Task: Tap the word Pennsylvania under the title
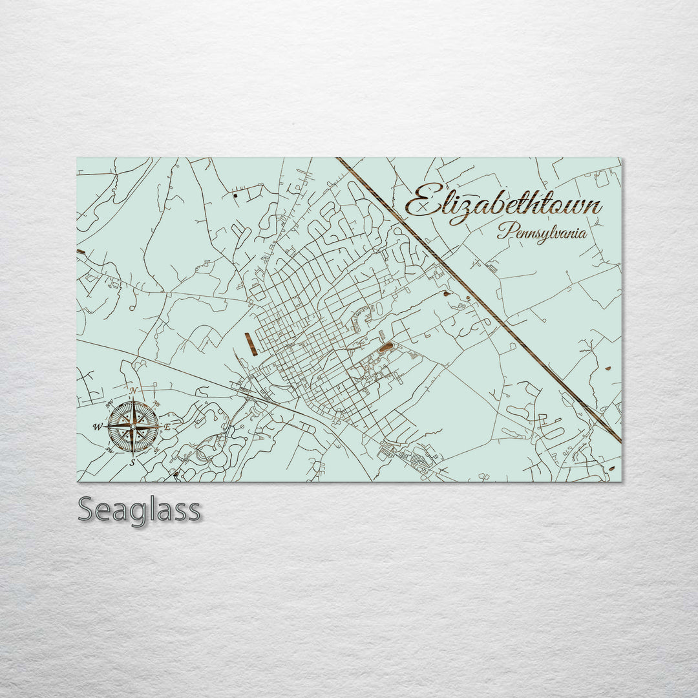coord(542,232)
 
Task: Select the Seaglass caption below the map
coord(139,510)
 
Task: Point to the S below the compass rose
coord(132,462)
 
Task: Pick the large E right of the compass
coord(167,427)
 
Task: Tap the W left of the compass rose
coord(98,427)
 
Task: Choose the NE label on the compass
coord(155,403)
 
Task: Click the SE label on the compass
coord(156,450)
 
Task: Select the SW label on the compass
coord(110,451)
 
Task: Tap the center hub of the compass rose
coord(132,427)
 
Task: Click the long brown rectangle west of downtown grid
coord(251,344)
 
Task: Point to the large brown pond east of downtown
coord(385,348)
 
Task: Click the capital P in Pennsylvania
coord(503,231)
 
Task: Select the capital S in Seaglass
coord(87,510)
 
